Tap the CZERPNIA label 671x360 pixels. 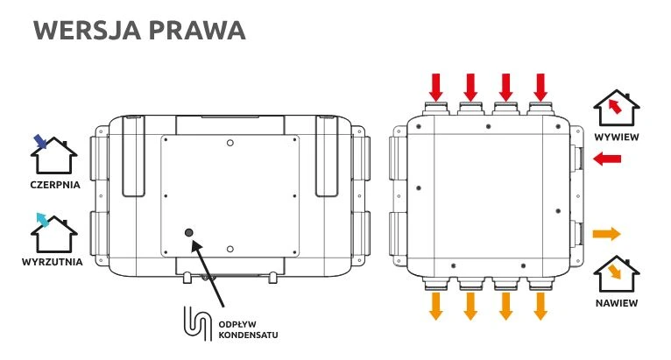[53, 185]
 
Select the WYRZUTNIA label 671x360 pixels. [53, 263]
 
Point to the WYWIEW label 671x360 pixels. [616, 138]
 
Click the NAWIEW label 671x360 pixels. [617, 303]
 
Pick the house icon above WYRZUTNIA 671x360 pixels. [51, 234]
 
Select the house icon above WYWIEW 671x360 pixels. [616, 109]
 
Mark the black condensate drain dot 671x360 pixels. [189, 232]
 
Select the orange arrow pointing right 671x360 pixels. [606, 234]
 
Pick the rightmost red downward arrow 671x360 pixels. [540, 87]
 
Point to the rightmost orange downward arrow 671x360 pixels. [540, 306]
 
